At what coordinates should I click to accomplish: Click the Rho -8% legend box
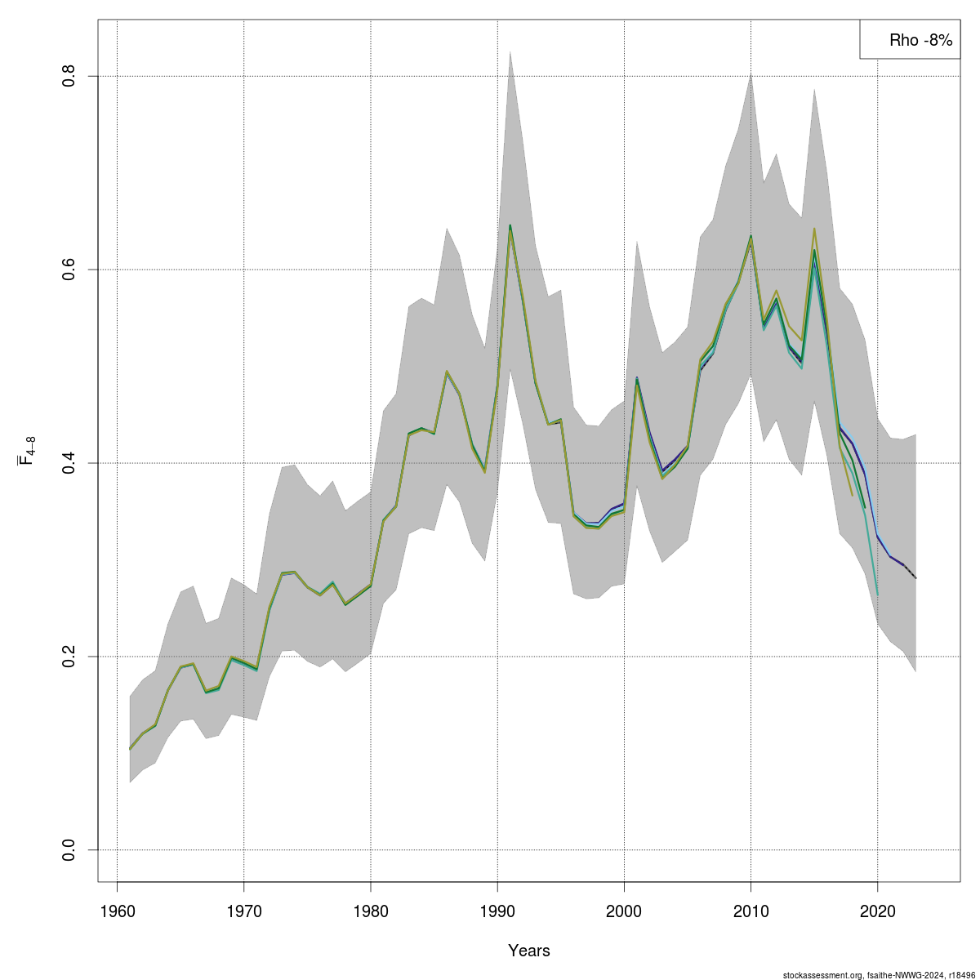click(909, 39)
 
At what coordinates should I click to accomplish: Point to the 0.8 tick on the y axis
click(69, 77)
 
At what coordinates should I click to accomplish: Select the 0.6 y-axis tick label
click(69, 269)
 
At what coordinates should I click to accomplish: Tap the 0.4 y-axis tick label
click(69, 463)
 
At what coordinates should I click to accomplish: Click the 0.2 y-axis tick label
click(69, 657)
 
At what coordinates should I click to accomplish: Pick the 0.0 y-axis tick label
click(69, 849)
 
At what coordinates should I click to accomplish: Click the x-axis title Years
click(528, 951)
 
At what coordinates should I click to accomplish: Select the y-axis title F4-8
click(26, 450)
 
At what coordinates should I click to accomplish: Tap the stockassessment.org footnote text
click(878, 974)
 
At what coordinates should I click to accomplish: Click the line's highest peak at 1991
click(510, 226)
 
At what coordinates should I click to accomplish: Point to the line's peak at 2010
click(751, 237)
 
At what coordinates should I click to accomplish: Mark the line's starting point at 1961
click(130, 748)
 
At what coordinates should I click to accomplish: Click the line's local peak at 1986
click(447, 372)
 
